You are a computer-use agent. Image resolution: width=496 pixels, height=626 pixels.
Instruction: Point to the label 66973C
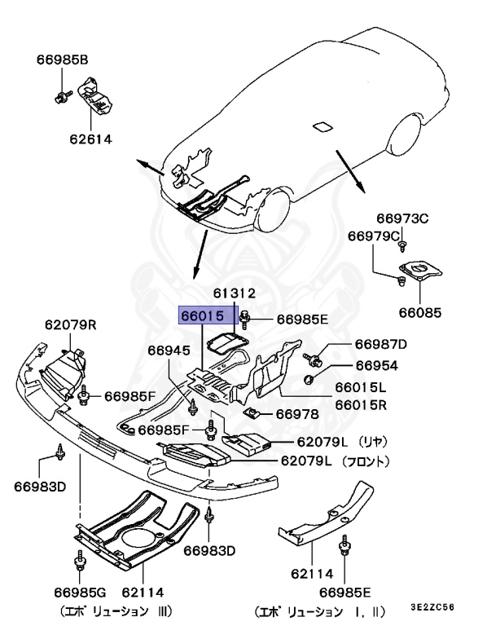pyautogui.click(x=402, y=218)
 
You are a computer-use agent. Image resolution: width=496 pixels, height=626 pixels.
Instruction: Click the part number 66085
pyautogui.click(x=419, y=311)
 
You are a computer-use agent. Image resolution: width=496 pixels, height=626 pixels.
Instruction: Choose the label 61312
pyautogui.click(x=235, y=293)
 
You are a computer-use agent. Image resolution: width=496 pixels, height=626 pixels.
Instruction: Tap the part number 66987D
pyautogui.click(x=381, y=346)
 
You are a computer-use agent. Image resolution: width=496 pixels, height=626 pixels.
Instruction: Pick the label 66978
pyautogui.click(x=296, y=414)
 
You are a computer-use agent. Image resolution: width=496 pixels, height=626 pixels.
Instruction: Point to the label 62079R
pyautogui.click(x=71, y=324)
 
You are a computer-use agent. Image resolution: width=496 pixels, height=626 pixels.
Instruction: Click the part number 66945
pyautogui.click(x=169, y=350)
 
